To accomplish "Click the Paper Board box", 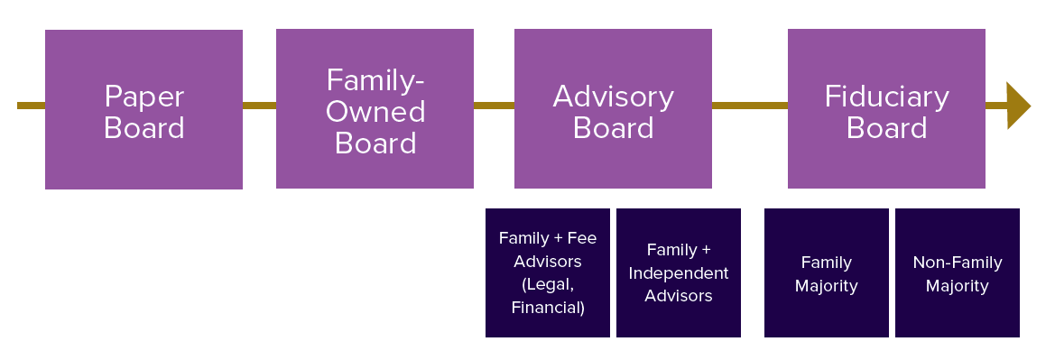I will click(x=143, y=109).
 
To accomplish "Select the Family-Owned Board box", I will click(x=375, y=108).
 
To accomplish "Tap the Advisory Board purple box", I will click(x=613, y=108).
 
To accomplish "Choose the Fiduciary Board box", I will click(x=886, y=108).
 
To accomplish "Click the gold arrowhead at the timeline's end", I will click(x=1017, y=106).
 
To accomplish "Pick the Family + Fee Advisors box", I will click(x=548, y=272).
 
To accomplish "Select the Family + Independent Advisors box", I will click(x=679, y=272).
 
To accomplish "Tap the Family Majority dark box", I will click(x=826, y=272).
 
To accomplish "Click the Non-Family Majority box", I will click(x=958, y=272).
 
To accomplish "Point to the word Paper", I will click(x=144, y=97).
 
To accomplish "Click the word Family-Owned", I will click(x=375, y=96).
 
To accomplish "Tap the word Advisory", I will click(x=614, y=97).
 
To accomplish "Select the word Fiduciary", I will click(x=887, y=97).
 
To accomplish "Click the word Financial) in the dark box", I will click(x=548, y=308).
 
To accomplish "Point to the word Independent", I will click(x=679, y=272).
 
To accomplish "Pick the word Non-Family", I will click(x=958, y=263).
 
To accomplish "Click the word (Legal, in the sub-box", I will click(x=548, y=284).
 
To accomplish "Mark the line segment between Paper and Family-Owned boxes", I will click(x=259, y=106).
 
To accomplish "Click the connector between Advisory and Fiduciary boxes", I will click(x=749, y=106).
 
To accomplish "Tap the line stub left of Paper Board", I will click(x=31, y=106).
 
